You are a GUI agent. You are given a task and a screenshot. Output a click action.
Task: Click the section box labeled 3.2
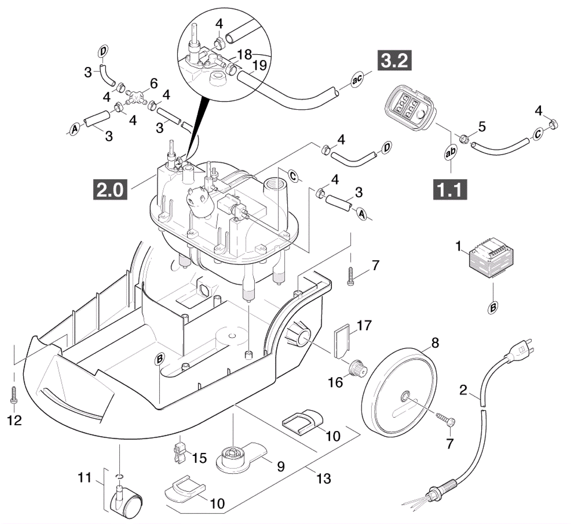(394, 60)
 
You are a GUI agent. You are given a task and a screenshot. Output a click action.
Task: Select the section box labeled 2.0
(110, 189)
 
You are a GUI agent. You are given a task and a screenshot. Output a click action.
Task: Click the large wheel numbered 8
(399, 393)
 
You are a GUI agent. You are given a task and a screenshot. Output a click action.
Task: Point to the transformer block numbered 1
(491, 257)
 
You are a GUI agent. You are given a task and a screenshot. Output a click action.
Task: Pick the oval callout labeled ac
(357, 79)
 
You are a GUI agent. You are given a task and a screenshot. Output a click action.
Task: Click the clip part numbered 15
(180, 453)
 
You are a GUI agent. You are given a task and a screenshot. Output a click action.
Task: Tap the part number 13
(324, 478)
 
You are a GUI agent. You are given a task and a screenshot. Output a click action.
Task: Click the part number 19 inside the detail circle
(259, 65)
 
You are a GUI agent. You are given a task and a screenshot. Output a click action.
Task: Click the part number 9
(281, 466)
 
